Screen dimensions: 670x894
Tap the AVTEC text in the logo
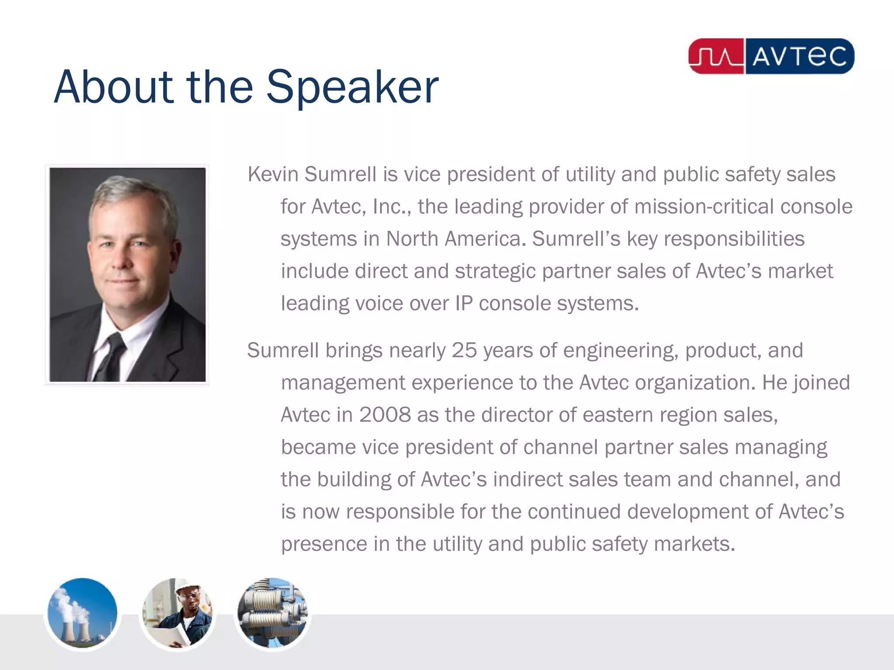pyautogui.click(x=799, y=57)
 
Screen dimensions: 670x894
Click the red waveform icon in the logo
pyautogui.click(x=716, y=57)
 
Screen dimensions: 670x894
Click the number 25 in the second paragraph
pyautogui.click(x=464, y=350)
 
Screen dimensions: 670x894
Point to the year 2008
pyautogui.click(x=385, y=415)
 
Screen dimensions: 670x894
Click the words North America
pyautogui.click(x=453, y=239)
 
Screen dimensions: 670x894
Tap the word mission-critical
pyautogui.click(x=704, y=207)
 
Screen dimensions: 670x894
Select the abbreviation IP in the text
pyautogui.click(x=464, y=304)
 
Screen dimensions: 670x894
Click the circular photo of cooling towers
pyautogui.click(x=82, y=613)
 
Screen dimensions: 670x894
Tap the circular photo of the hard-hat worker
pyautogui.click(x=177, y=613)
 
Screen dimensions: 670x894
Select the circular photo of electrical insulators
pyautogui.click(x=272, y=613)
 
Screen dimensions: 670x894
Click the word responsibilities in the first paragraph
pyautogui.click(x=734, y=239)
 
